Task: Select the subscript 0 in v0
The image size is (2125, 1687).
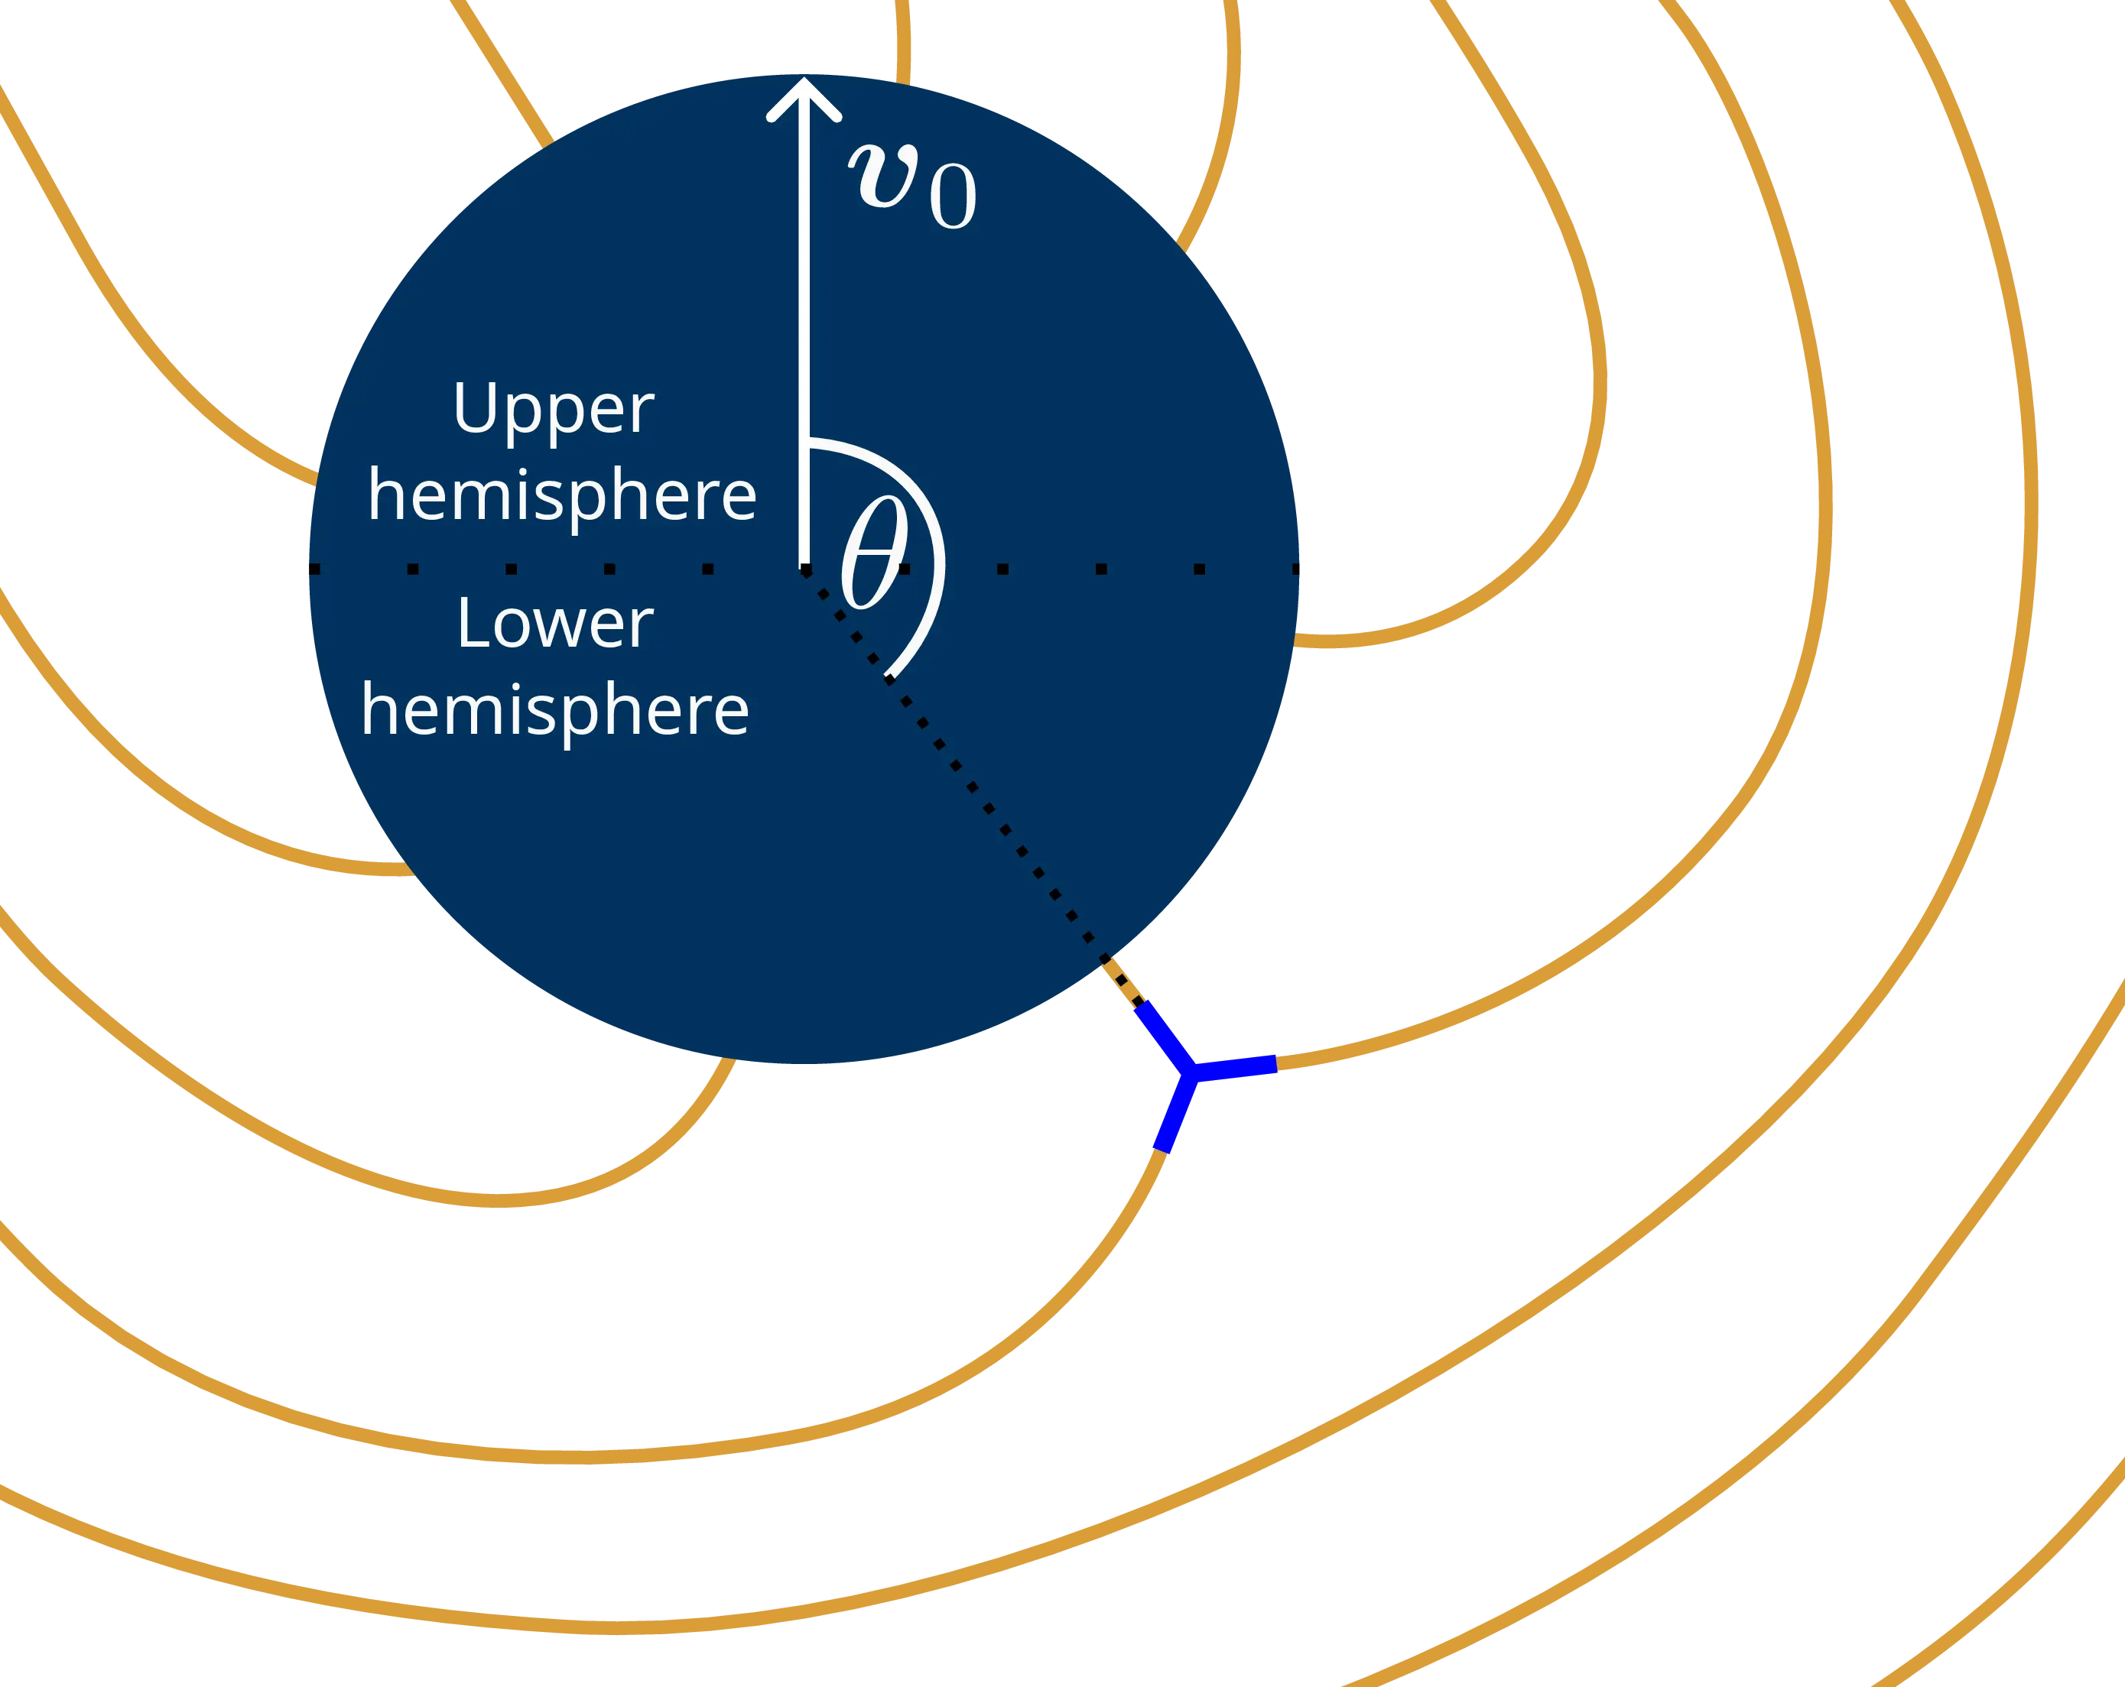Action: click(952, 197)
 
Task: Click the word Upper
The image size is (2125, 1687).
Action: click(553, 410)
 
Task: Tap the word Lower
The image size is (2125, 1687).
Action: click(555, 624)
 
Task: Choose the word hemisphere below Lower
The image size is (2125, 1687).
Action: click(555, 710)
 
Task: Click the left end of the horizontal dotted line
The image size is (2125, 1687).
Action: click(314, 569)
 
